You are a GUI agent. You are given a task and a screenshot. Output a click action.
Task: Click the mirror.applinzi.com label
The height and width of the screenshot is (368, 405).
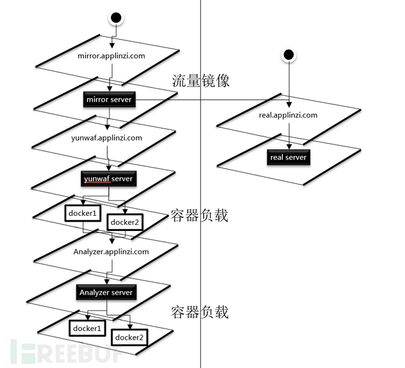[x=111, y=56]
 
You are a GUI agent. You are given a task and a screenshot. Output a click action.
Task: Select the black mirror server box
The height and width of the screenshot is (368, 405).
[x=110, y=100]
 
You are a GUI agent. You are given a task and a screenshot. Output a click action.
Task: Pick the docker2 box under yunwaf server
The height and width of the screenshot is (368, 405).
[x=124, y=222]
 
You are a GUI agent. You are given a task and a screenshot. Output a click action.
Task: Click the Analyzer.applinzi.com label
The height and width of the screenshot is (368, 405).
[x=112, y=252]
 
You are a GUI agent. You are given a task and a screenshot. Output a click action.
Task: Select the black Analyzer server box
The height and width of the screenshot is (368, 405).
[x=106, y=292]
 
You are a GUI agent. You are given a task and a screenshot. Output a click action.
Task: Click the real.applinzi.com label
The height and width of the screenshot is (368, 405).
[x=288, y=115]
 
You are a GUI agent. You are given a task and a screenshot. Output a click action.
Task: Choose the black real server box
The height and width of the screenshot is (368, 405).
[x=288, y=158]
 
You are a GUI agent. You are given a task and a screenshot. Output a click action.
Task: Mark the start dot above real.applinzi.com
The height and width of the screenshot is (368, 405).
[x=288, y=56]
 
